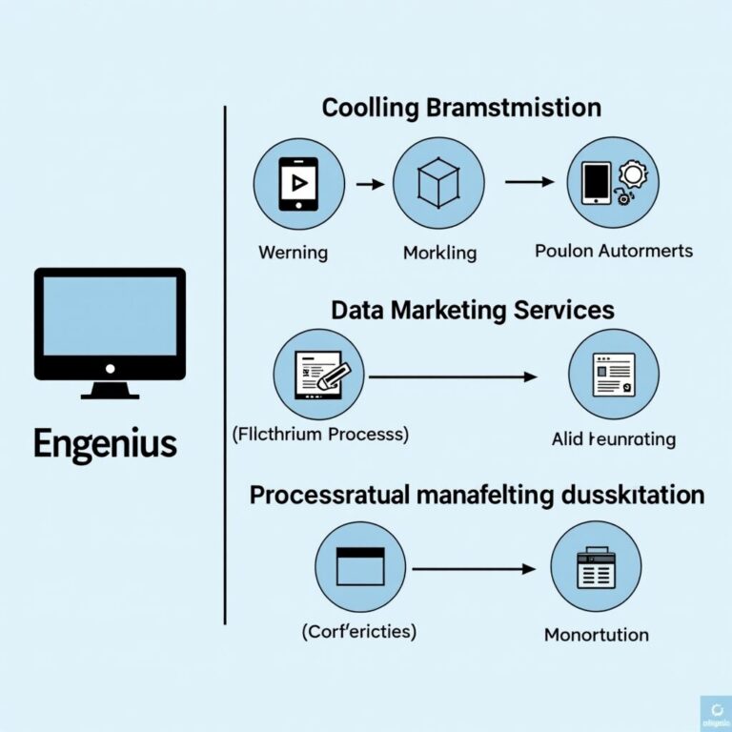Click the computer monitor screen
tap(110, 315)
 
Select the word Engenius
tap(105, 444)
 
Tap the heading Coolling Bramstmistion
tap(461, 108)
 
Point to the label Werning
tap(293, 253)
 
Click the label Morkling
tap(439, 254)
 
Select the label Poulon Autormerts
tap(613, 252)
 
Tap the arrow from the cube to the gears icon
tap(529, 181)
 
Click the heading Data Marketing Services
tap(473, 311)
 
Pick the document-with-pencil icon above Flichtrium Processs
tap(318, 377)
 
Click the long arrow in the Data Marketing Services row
tap(453, 377)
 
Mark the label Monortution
tap(596, 634)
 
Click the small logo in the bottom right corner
tap(714, 713)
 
